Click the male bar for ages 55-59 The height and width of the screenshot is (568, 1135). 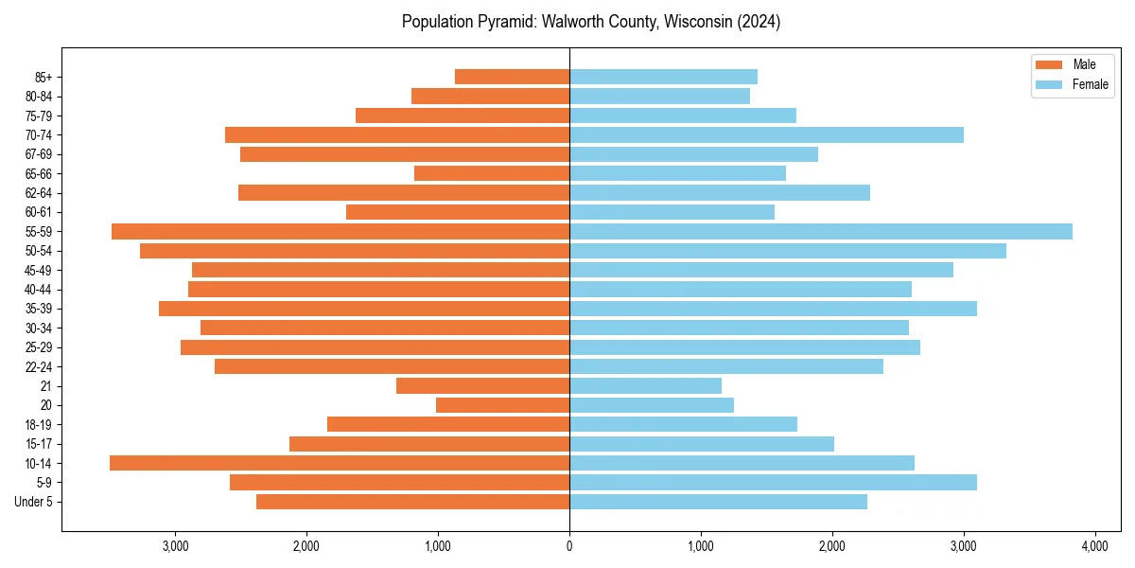(x=340, y=231)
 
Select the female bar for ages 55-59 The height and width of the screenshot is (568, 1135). (x=821, y=231)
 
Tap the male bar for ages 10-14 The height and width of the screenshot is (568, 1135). (x=340, y=463)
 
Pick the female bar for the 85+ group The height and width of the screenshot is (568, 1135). (x=663, y=77)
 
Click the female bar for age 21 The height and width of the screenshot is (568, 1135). (x=645, y=385)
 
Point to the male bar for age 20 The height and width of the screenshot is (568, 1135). (x=502, y=405)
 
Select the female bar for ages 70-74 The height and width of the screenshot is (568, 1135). (x=766, y=134)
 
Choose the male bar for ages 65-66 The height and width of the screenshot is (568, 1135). (x=492, y=173)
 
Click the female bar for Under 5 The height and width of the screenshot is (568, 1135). (x=718, y=502)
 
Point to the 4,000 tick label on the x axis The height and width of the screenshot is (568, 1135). (x=1094, y=547)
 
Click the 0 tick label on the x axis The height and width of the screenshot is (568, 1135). (x=569, y=547)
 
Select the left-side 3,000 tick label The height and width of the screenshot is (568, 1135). (x=175, y=547)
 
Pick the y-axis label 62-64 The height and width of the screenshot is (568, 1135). (x=39, y=193)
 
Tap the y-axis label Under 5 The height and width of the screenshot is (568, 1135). (x=34, y=502)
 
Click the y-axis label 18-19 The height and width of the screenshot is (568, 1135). (x=39, y=424)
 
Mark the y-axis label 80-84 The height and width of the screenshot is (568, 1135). (x=39, y=97)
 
